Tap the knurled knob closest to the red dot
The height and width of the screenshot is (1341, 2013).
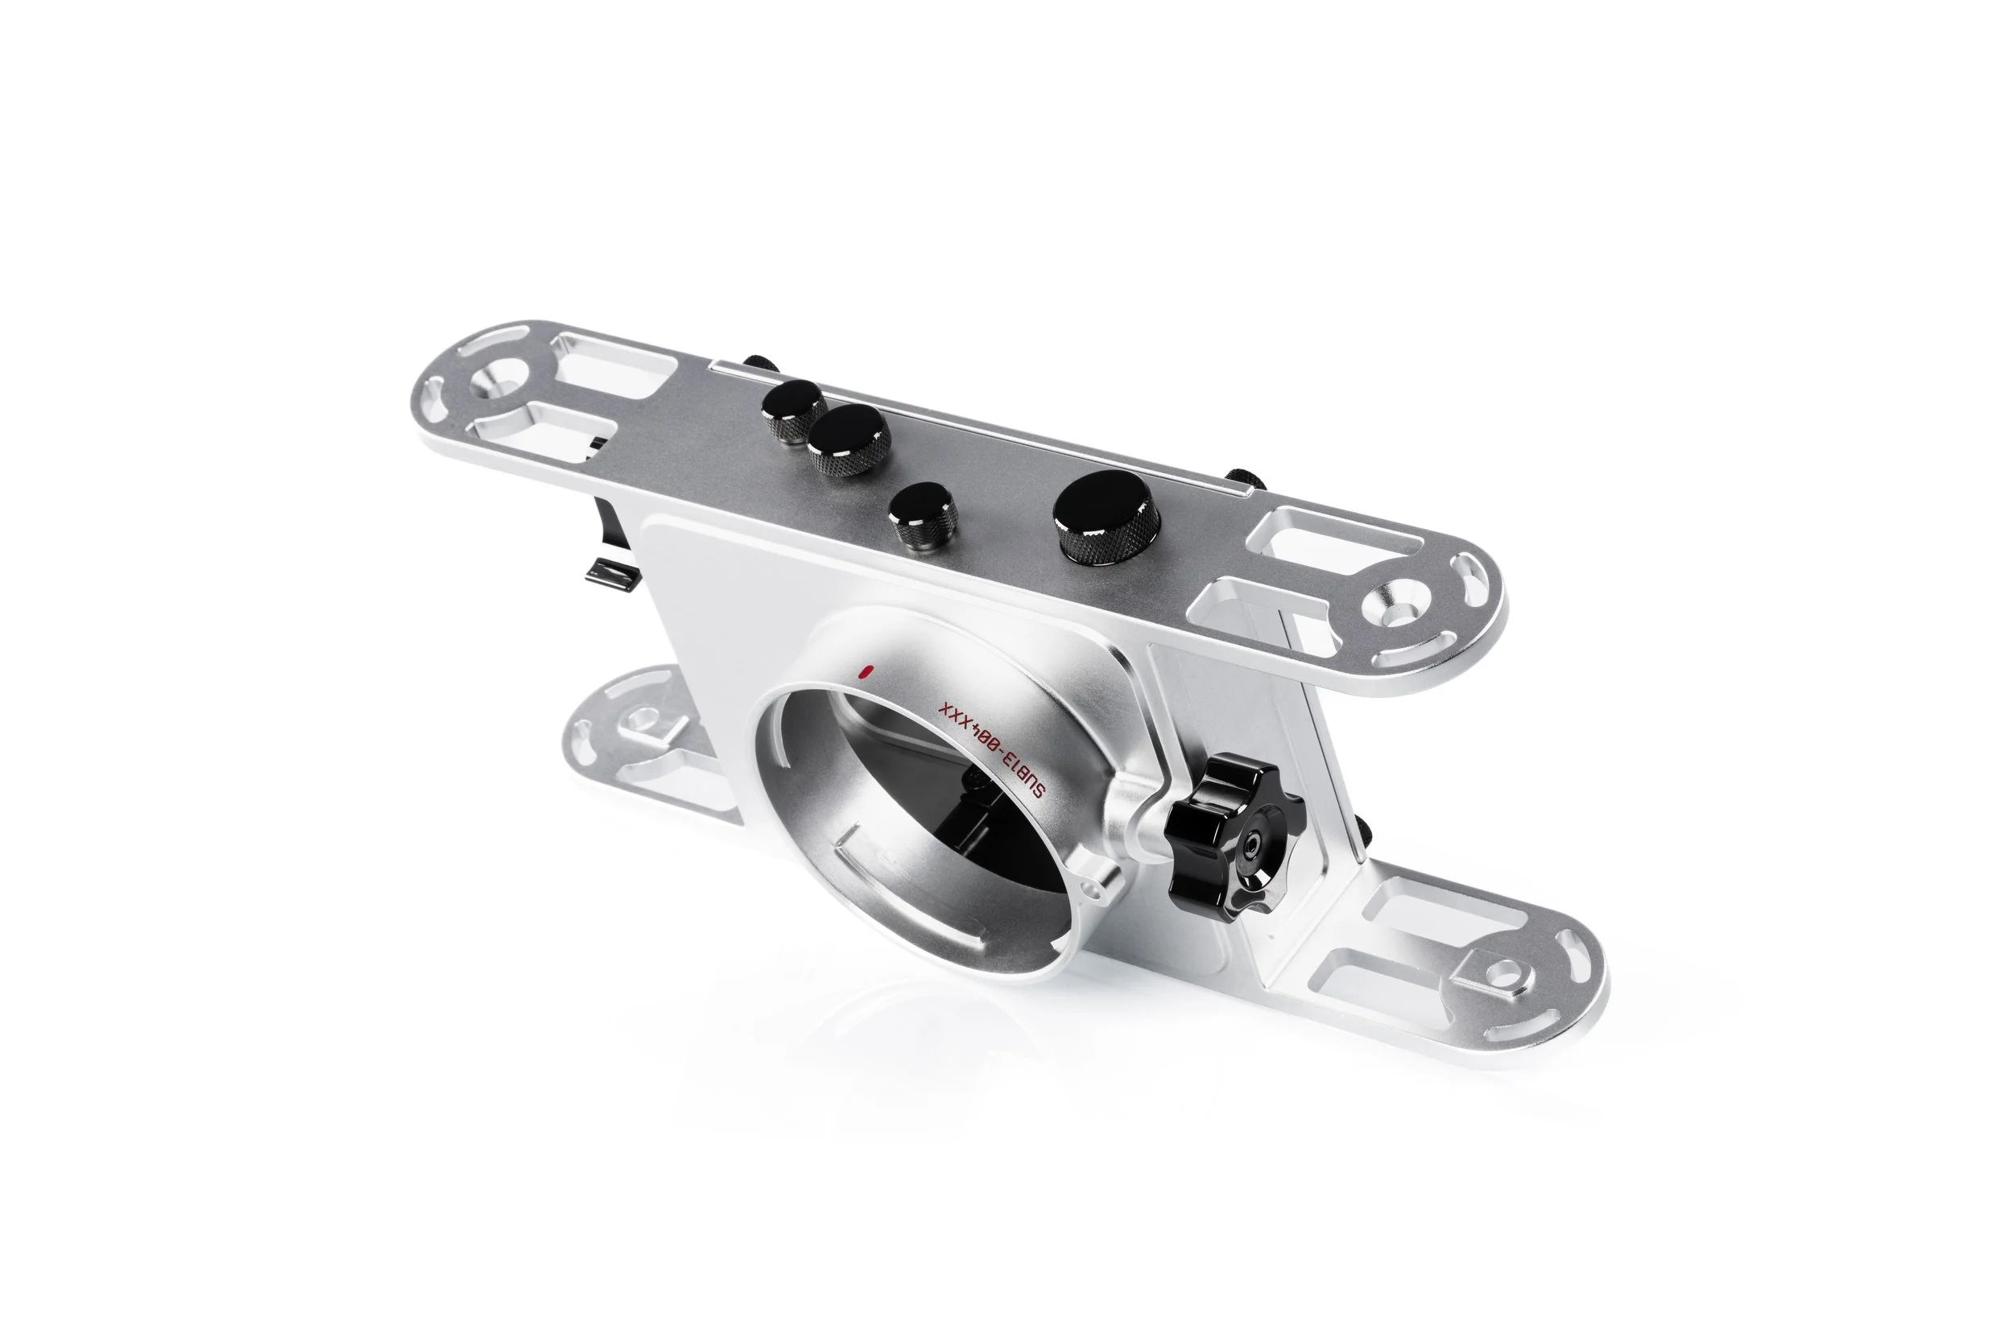(923, 518)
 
